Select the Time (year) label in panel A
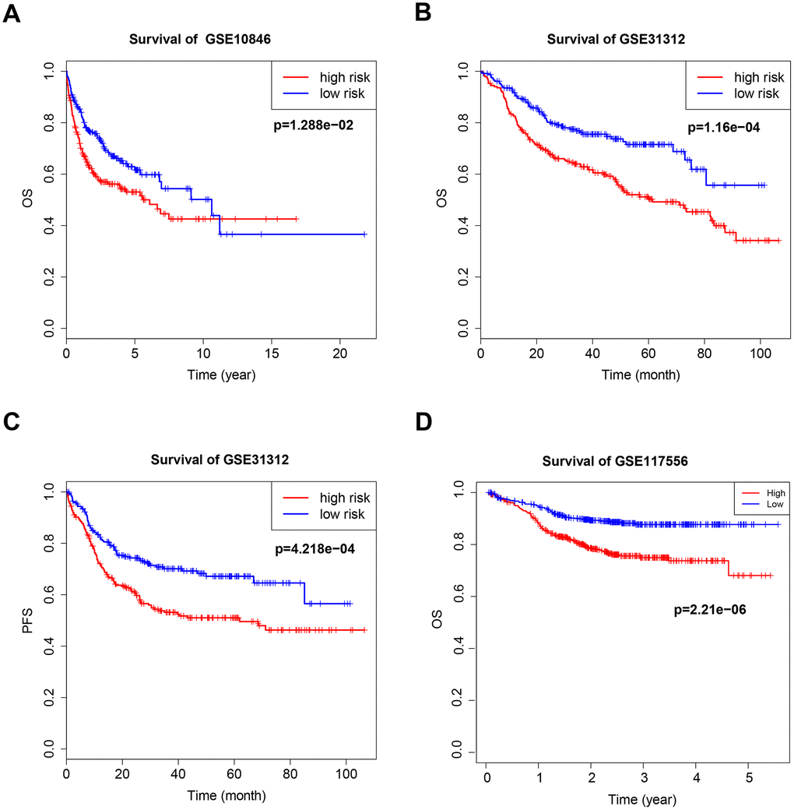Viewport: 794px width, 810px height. click(221, 375)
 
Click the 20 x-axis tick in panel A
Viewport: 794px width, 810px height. click(340, 355)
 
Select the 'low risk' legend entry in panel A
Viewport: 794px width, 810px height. click(337, 94)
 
